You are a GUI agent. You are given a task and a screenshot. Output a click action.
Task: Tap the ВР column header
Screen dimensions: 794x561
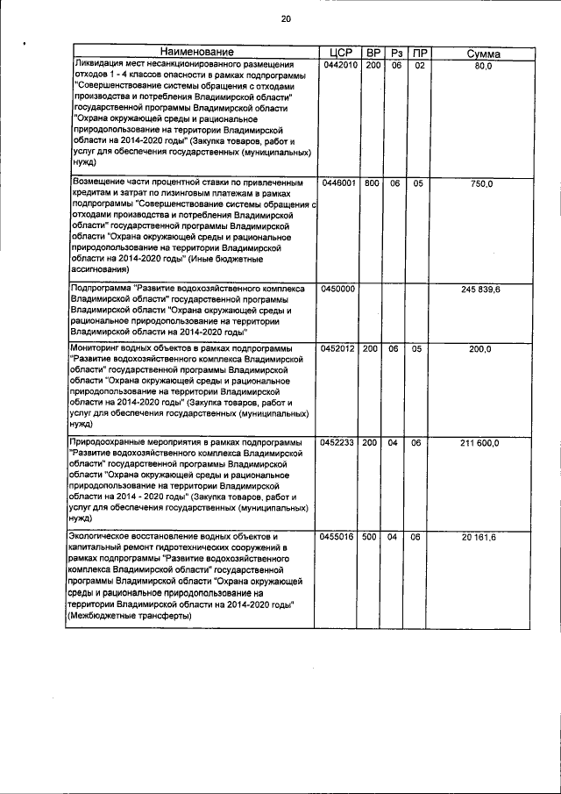(372, 54)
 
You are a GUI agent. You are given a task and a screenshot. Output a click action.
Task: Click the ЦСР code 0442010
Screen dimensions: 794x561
(338, 67)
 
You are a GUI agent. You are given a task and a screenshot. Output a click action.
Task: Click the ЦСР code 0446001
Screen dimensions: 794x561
(338, 183)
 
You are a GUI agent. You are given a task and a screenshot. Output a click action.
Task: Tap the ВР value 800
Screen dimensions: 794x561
(372, 183)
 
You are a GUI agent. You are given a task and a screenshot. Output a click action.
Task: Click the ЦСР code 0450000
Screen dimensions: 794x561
(338, 289)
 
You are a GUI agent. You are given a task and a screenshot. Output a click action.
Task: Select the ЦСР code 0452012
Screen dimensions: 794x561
(338, 349)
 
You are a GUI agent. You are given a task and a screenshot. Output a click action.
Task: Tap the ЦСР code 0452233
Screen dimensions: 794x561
(338, 442)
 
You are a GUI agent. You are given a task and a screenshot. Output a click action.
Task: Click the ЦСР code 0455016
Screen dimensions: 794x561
(338, 536)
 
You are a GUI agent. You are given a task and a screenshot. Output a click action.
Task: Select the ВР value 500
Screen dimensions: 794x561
(372, 536)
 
